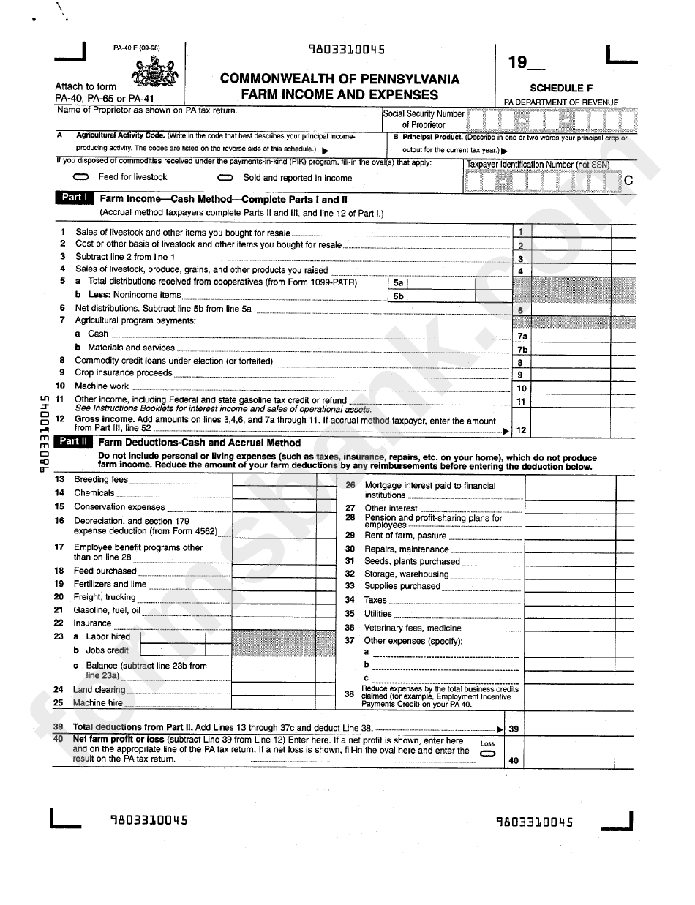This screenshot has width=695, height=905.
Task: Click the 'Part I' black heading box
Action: click(74, 198)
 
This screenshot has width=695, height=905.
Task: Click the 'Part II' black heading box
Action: click(73, 441)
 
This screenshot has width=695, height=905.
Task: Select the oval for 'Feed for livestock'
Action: click(82, 178)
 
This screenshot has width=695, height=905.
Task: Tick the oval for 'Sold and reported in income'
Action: click(226, 178)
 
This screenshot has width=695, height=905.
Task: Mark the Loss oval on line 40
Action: click(487, 753)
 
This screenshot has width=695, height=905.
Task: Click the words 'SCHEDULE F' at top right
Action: click(561, 88)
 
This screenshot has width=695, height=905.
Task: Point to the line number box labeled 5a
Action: click(398, 282)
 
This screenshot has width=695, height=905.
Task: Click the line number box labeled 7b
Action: click(522, 349)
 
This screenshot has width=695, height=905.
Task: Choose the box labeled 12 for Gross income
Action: click(522, 430)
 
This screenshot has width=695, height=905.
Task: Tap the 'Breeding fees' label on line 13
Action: click(101, 480)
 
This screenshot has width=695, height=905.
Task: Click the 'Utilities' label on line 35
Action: click(378, 614)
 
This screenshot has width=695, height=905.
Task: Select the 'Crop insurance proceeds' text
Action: click(123, 373)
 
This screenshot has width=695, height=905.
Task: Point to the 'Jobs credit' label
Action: click(107, 650)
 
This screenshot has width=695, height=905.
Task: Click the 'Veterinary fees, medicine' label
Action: click(413, 628)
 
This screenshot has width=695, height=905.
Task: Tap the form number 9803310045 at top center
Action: click(346, 50)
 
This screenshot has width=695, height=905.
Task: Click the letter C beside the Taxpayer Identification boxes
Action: click(627, 180)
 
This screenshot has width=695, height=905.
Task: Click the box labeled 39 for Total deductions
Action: click(514, 729)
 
